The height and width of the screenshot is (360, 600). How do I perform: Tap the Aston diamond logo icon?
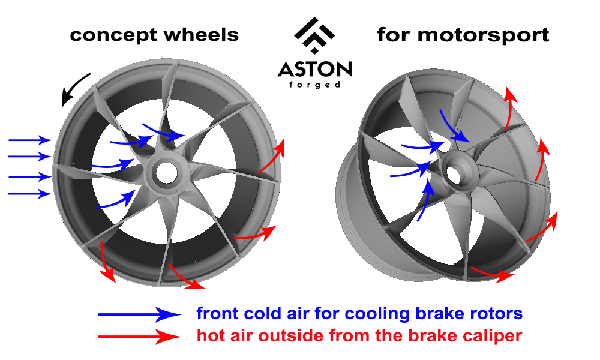(314, 37)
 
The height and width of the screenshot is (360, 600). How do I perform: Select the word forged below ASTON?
(314, 85)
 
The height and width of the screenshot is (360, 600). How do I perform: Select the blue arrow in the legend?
(139, 313)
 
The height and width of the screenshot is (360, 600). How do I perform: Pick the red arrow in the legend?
(139, 337)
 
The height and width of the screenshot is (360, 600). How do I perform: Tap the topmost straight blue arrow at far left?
(29, 140)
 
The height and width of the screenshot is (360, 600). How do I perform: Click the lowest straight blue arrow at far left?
(29, 193)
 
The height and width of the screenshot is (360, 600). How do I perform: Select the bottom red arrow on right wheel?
(492, 274)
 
